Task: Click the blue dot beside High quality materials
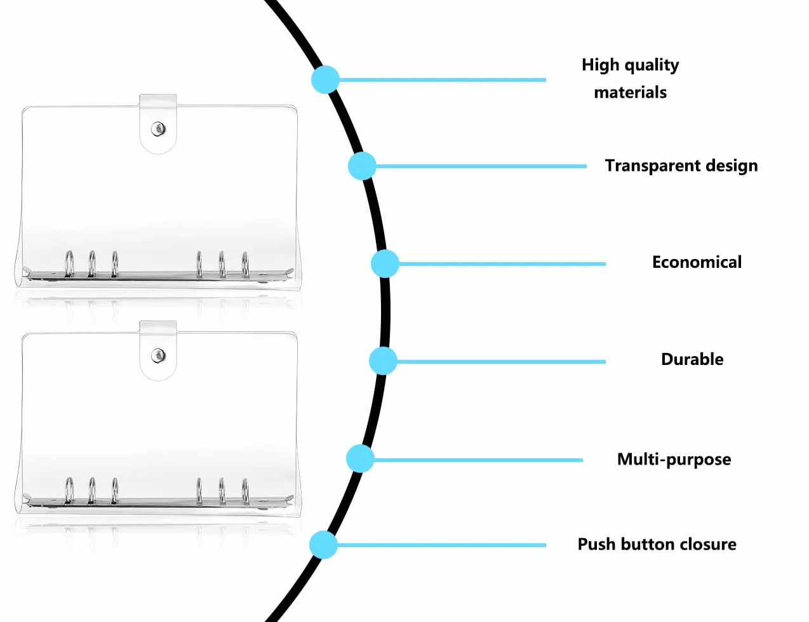click(x=325, y=79)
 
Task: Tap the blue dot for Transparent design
click(x=362, y=166)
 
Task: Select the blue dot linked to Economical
click(x=385, y=263)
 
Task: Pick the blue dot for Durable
click(x=383, y=361)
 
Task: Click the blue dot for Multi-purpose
click(x=360, y=458)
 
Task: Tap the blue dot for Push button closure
click(x=323, y=545)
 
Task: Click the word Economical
click(x=697, y=262)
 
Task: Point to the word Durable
click(x=692, y=359)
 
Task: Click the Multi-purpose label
click(x=674, y=460)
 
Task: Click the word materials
click(x=630, y=93)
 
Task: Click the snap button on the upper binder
click(x=159, y=129)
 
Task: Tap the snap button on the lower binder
click(x=159, y=355)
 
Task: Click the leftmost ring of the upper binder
click(x=69, y=264)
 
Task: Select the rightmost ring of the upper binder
click(x=245, y=265)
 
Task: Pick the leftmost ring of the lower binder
click(x=69, y=491)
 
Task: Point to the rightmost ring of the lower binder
click(x=245, y=492)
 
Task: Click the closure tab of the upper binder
click(x=158, y=124)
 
